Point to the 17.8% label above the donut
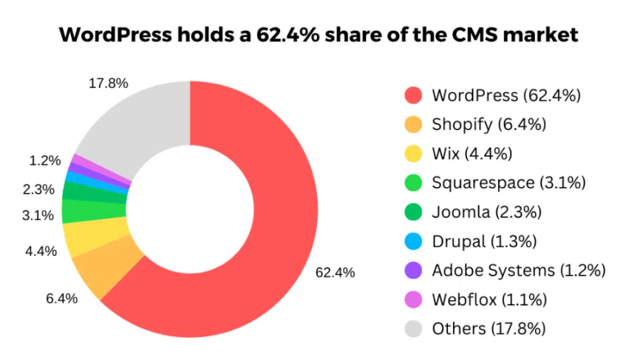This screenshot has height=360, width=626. [108, 84]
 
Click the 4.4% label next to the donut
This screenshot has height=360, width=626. [41, 251]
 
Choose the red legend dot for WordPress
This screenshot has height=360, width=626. [414, 95]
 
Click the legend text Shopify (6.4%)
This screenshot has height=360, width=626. [489, 124]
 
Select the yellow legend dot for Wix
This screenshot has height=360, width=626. [414, 154]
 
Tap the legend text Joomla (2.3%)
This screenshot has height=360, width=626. [486, 212]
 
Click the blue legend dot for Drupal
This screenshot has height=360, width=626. [414, 241]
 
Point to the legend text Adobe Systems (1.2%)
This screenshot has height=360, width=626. [518, 270]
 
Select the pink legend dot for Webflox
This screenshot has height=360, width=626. [414, 299]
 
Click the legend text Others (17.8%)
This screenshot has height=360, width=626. [489, 328]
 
